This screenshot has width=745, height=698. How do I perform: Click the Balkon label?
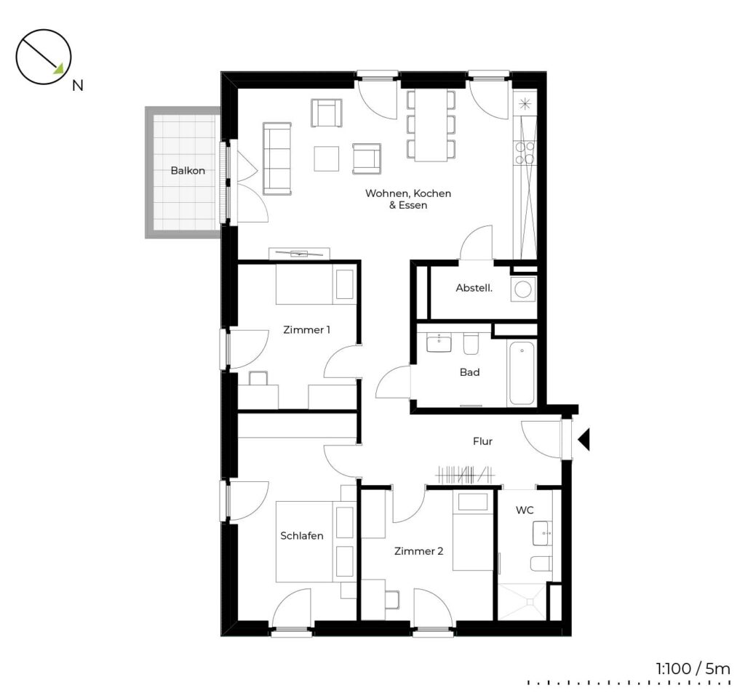tap(188, 170)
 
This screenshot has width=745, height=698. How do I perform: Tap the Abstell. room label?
tap(474, 288)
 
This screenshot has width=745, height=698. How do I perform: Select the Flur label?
tap(482, 441)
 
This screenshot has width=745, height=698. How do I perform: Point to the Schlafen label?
tap(302, 536)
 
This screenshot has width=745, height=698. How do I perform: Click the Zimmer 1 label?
tap(306, 329)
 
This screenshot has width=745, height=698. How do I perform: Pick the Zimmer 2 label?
tap(418, 551)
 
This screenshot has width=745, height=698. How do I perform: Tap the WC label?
tap(525, 510)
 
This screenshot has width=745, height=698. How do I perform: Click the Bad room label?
tap(469, 372)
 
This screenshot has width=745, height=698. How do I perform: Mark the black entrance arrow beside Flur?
tap(584, 439)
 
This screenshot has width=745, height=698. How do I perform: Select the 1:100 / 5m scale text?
tap(693, 669)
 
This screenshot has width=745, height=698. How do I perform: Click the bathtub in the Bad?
tap(521, 373)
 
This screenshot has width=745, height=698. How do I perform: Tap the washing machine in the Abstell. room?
tap(522, 289)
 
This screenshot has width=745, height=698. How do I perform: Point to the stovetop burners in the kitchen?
tap(525, 153)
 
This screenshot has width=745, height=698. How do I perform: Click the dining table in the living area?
tap(431, 125)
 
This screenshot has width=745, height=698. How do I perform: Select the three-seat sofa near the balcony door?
tap(277, 159)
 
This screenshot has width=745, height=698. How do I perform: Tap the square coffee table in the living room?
tap(327, 159)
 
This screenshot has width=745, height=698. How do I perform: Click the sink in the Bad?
tap(439, 343)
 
